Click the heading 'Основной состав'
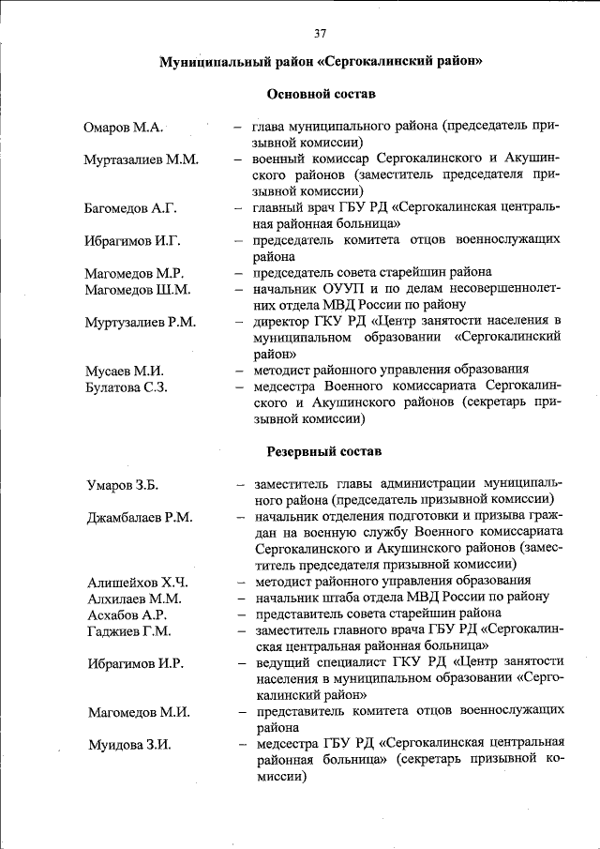tap(321, 95)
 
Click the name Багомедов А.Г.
tap(130, 207)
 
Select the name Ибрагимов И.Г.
tap(131, 240)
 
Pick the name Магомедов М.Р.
tap(134, 273)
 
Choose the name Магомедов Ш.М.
tap(137, 289)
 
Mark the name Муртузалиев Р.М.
tap(140, 322)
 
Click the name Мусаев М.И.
tap(124, 371)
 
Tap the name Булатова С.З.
tap(127, 387)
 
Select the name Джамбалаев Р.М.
tap(140, 517)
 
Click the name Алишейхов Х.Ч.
tap(136, 582)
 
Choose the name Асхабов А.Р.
tap(127, 614)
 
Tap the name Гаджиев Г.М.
tap(129, 630)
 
